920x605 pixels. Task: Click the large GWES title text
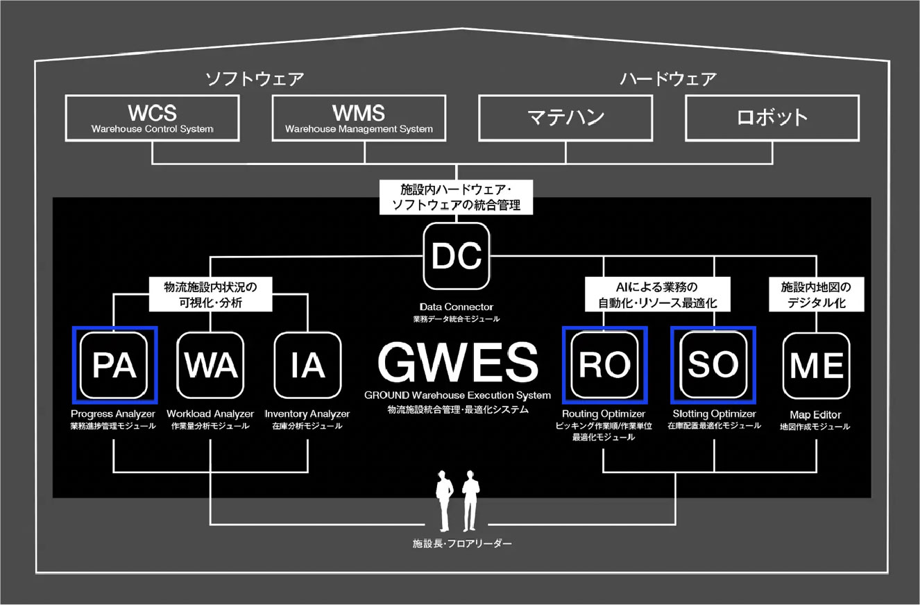457,362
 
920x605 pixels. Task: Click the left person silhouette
444,501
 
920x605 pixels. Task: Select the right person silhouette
470,501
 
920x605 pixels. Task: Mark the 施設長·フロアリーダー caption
462,544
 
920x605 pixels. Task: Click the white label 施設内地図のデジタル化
816,294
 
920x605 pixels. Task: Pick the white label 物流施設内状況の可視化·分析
210,294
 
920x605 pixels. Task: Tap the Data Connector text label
457,307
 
